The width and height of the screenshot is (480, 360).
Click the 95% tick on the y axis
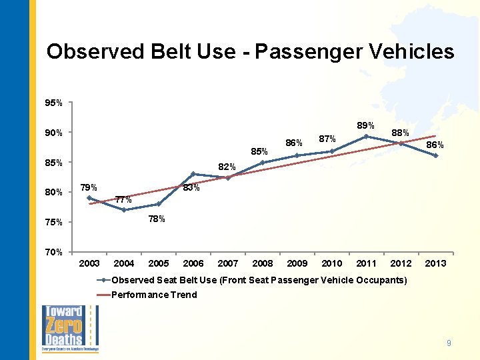point(53,103)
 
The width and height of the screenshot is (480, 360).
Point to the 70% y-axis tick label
point(53,252)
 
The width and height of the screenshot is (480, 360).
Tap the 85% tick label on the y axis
point(53,163)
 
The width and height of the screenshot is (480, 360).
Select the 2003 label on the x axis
point(89,264)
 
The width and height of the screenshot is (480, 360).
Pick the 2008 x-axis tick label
point(263,264)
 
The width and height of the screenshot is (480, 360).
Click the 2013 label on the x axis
point(435,264)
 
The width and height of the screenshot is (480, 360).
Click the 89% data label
point(365,125)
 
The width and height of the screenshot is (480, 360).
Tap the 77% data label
point(123,199)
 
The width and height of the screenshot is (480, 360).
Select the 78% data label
point(156,219)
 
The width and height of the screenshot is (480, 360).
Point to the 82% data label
point(227,167)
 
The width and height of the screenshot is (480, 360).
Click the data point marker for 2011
point(366,137)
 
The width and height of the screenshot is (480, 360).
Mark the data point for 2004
point(124,210)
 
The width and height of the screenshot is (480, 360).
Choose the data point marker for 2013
point(435,155)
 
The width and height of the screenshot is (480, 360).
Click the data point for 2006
point(193,174)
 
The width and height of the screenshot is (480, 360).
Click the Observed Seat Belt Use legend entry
point(259,280)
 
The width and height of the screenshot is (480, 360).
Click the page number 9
point(449,343)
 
